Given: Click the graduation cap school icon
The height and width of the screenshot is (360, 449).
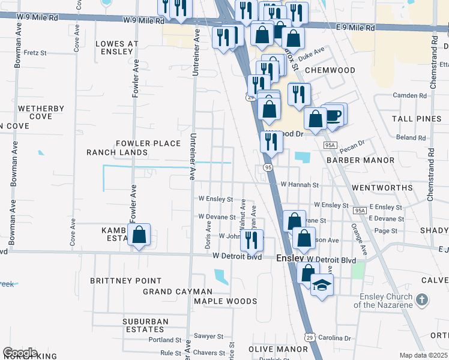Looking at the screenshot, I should pos(322,286).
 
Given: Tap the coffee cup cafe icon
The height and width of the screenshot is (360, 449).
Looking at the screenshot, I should pos(334,115).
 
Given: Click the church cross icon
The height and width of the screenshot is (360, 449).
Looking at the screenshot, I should pos(422,299).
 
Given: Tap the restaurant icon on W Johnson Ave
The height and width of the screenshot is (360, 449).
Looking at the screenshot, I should pos(252,239).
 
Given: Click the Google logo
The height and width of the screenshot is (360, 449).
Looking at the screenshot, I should pos(19,353).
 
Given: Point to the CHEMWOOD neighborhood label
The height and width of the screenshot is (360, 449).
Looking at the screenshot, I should pos(330,70).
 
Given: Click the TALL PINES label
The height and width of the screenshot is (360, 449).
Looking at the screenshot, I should pos(417,119).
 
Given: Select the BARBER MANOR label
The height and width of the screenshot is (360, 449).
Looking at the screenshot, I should pos(360,160).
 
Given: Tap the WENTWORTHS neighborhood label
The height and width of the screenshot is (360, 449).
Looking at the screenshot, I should pos(382,188).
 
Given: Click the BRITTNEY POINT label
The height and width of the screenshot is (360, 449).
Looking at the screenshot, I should pos(125,280).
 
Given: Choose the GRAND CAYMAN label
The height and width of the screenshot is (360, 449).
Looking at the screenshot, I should pos(174,292).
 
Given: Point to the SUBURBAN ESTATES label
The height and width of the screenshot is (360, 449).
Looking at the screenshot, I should pos(145,325).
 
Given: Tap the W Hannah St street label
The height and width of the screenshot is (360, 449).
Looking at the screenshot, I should pos(299,185).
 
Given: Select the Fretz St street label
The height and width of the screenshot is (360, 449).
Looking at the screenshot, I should pos(35,53).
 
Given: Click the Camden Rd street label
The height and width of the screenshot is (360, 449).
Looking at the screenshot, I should pos(409,95).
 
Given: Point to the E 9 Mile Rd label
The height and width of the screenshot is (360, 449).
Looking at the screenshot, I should pos(356,28).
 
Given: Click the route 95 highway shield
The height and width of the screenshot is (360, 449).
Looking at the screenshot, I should pos(267,167).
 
